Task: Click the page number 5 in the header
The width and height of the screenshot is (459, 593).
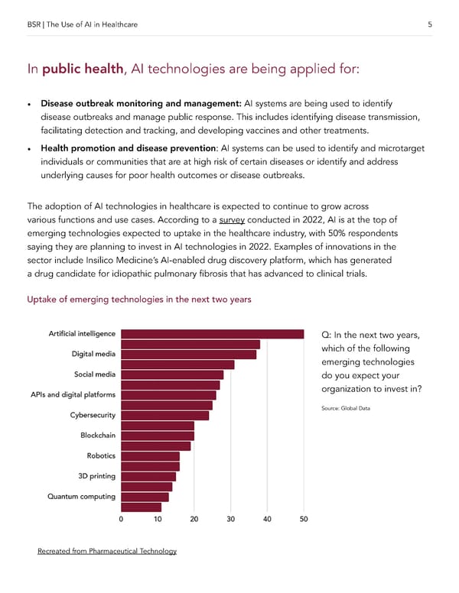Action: pyautogui.click(x=431, y=25)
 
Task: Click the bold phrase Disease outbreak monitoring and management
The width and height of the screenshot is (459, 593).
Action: pyautogui.click(x=142, y=103)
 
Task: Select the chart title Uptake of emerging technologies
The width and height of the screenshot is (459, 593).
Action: pyautogui.click(x=139, y=300)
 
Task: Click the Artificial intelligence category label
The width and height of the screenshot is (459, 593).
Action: pyautogui.click(x=82, y=334)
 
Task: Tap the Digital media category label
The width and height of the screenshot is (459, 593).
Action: pyautogui.click(x=93, y=354)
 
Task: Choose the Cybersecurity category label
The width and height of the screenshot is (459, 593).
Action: pyautogui.click(x=93, y=415)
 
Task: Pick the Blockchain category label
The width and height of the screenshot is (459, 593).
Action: pyautogui.click(x=98, y=436)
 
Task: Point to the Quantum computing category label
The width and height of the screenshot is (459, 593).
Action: pyautogui.click(x=81, y=497)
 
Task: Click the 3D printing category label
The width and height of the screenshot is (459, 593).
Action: pyautogui.click(x=96, y=476)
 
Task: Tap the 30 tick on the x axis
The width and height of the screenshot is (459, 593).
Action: pyautogui.click(x=230, y=520)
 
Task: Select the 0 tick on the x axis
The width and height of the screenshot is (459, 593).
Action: pyautogui.click(x=122, y=520)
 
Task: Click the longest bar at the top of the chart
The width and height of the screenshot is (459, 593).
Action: pyautogui.click(x=212, y=334)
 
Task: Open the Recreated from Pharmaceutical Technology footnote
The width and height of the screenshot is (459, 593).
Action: pyautogui.click(x=107, y=552)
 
